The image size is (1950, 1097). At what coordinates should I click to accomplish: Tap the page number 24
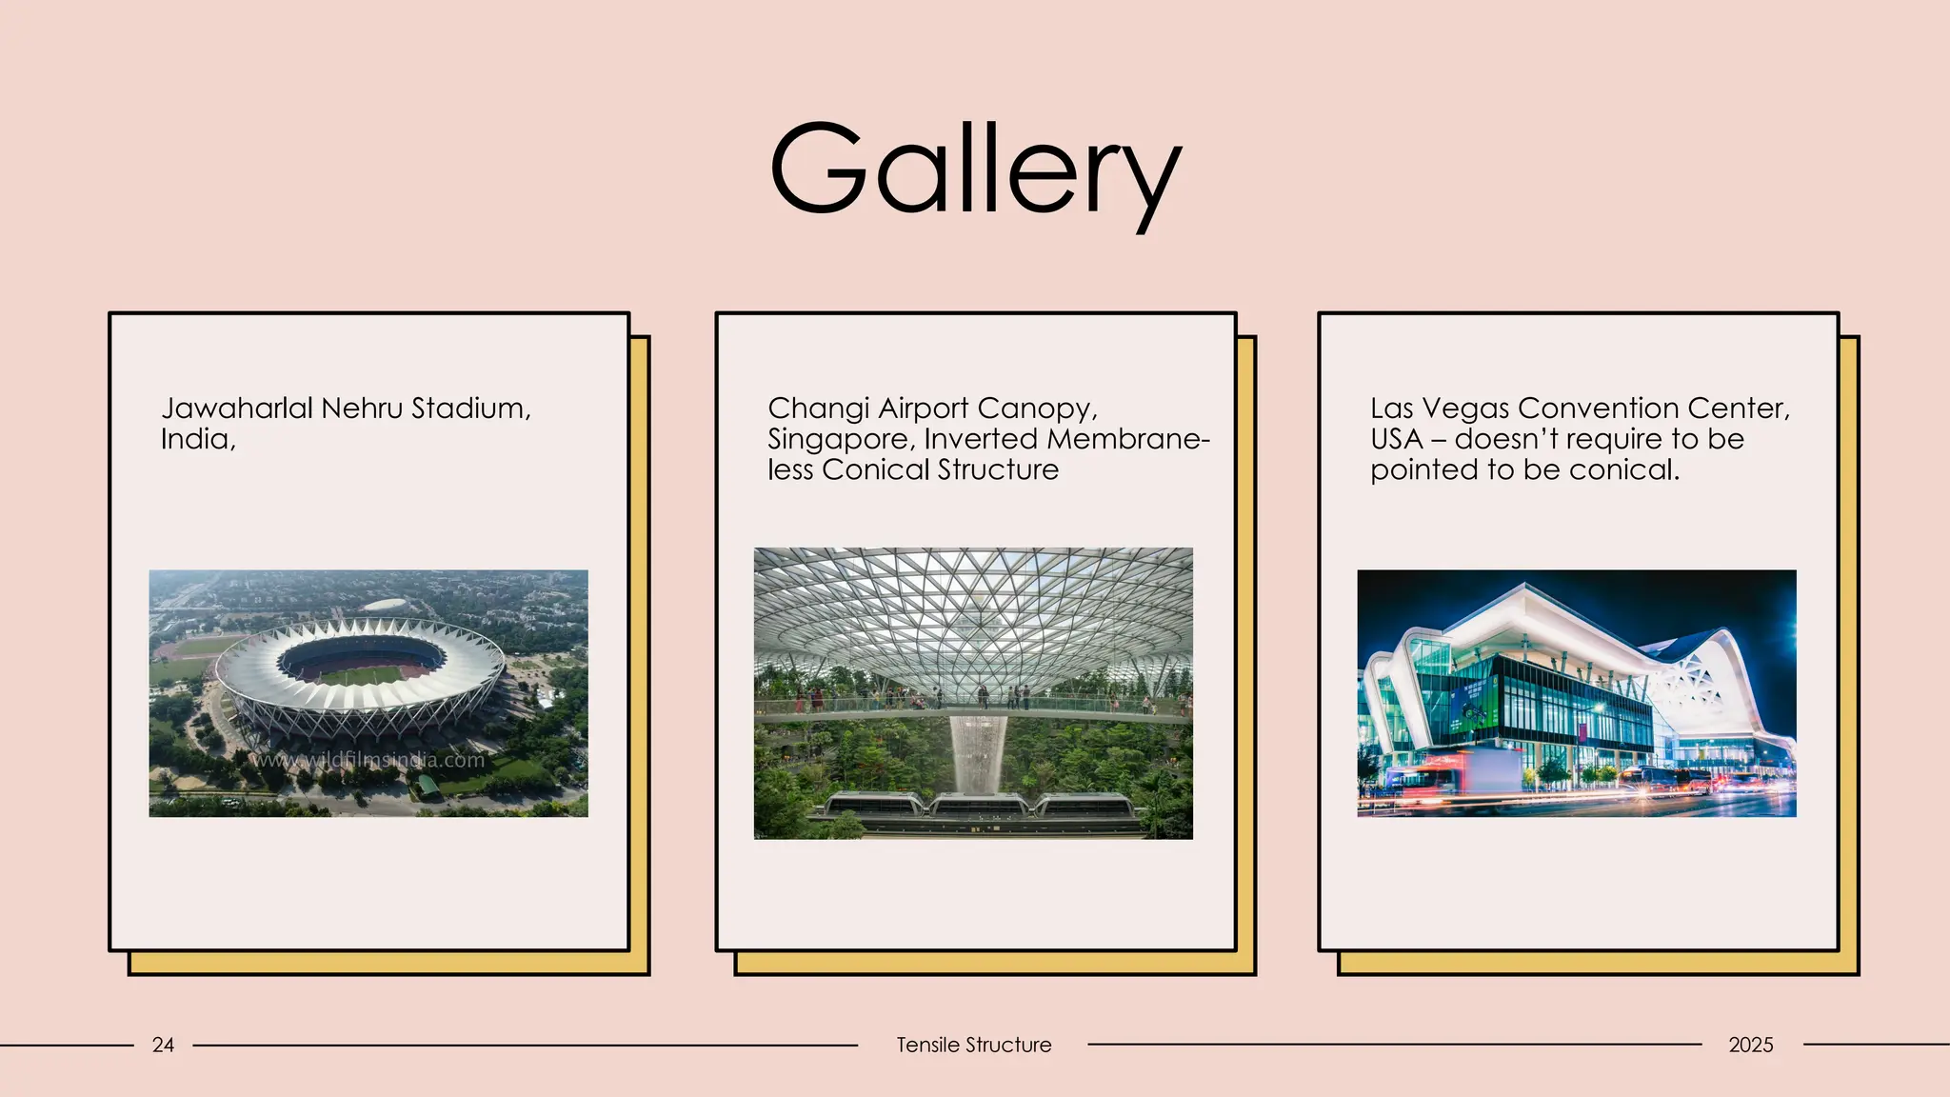(163, 1045)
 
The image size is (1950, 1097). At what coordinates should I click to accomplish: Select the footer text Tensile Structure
(973, 1045)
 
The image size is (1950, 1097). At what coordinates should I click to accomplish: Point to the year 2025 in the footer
(1750, 1045)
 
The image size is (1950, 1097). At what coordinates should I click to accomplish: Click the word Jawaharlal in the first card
(236, 409)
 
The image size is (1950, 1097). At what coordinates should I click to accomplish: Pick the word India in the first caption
(196, 439)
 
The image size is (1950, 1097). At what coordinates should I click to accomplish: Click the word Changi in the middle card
(818, 409)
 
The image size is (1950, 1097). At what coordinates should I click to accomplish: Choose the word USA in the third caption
(1396, 439)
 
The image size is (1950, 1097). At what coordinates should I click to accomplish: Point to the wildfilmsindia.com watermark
(368, 760)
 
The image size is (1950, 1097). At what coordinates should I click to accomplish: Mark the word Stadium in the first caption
(470, 409)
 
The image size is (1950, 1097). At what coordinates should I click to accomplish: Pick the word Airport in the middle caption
(923, 409)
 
